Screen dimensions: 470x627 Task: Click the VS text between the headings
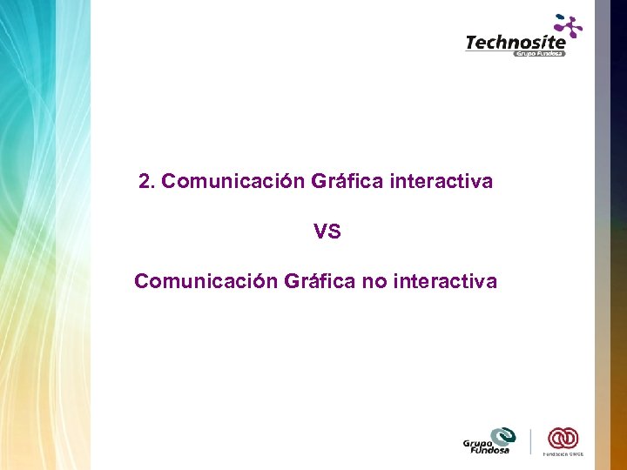[x=327, y=232]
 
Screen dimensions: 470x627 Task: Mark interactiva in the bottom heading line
[x=446, y=281]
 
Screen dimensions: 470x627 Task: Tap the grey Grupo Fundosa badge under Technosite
[x=539, y=54]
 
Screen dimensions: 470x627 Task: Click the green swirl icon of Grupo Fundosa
[x=502, y=435]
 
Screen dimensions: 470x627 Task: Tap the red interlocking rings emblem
[x=563, y=438]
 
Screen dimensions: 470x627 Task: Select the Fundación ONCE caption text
[x=563, y=454]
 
